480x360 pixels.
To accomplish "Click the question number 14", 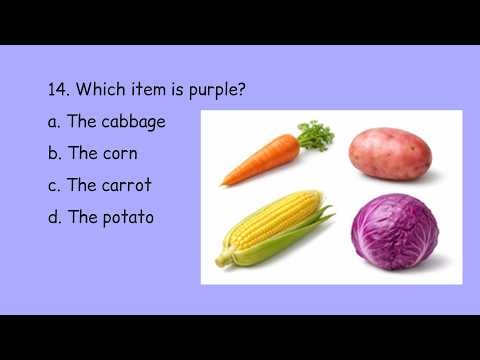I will pos(57,90).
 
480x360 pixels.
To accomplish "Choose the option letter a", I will pos(53,122).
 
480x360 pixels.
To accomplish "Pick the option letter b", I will pos(53,153).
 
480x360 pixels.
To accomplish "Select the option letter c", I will pos(53,185).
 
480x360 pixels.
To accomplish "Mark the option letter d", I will pos(53,216).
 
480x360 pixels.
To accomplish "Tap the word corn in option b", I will pos(119,153).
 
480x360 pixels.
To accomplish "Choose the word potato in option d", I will pos(127,217).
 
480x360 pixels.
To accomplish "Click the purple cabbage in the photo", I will pos(394,231).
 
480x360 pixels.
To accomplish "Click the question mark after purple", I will pos(243,90).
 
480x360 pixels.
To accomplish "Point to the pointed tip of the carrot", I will pos(224,183).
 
